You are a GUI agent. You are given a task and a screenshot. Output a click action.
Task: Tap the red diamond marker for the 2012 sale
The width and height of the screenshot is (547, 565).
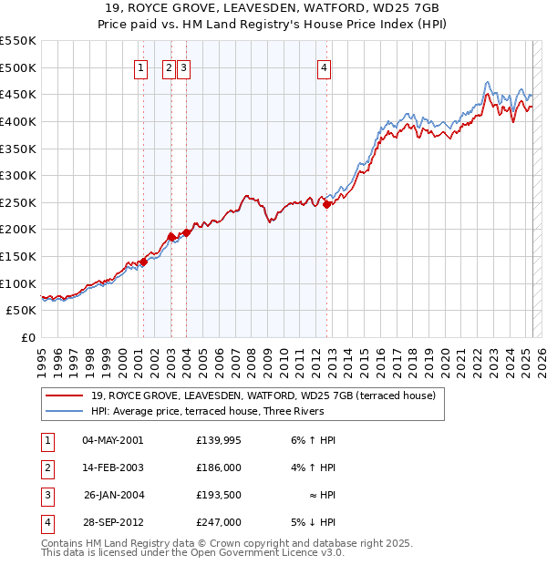326,204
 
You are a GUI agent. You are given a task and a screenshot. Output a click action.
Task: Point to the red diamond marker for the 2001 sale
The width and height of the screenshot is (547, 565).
143,262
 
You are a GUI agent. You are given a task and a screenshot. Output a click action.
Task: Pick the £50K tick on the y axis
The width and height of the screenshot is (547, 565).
25,311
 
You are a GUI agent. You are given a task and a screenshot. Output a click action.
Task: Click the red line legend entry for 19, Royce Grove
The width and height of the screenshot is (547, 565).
263,395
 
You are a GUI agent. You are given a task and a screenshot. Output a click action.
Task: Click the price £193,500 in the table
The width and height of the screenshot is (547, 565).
218,495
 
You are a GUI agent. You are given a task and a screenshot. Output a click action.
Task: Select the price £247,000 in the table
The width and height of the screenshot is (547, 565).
218,522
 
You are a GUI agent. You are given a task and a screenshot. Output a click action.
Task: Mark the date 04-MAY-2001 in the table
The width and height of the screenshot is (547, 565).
112,440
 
